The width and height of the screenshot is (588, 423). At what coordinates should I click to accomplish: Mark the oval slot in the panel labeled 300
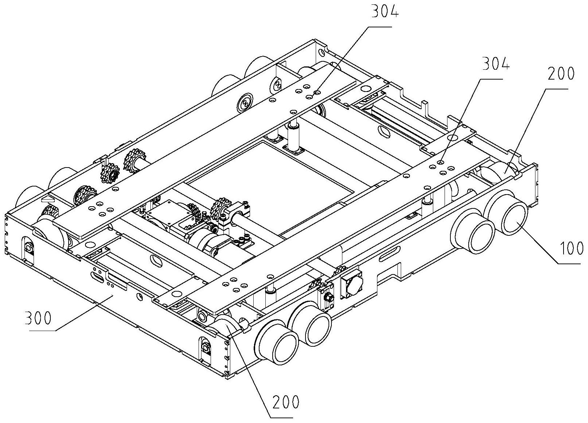click(97, 277)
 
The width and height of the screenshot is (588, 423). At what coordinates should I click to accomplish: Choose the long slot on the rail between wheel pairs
click(390, 254)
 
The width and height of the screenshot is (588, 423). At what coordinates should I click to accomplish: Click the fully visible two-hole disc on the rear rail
click(245, 103)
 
